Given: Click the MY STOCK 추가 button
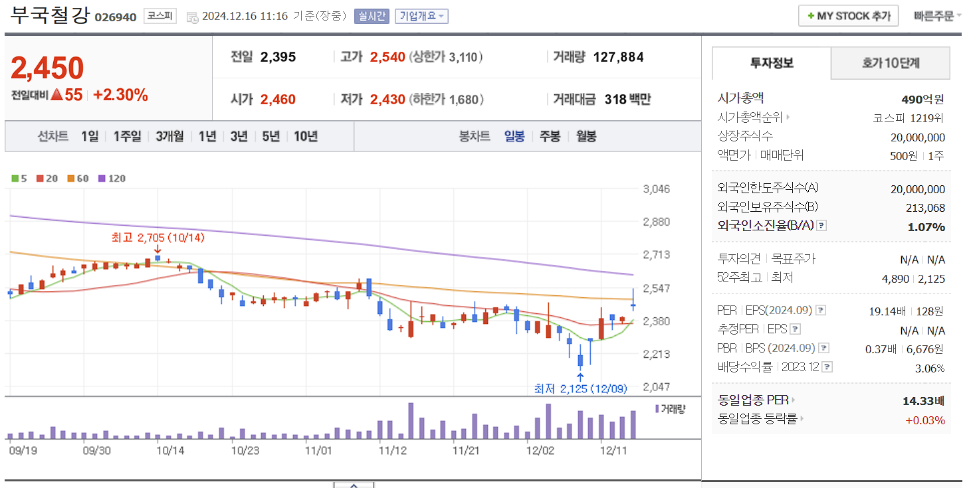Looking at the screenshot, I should (x=848, y=16).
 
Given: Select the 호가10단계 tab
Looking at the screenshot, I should (x=891, y=63).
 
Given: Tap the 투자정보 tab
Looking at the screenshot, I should (x=772, y=63).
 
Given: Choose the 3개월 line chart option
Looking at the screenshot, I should (x=169, y=136).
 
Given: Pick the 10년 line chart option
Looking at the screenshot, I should (x=305, y=136).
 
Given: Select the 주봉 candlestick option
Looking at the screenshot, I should (x=550, y=136).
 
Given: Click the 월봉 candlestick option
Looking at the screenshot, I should (x=586, y=136).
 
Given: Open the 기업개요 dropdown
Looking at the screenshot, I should (x=421, y=16).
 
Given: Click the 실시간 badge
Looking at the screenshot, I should (x=372, y=16).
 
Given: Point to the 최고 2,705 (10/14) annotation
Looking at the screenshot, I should (x=158, y=237).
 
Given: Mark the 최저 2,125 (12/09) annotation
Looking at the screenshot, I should (x=580, y=388).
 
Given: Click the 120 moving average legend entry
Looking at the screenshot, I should (x=113, y=178).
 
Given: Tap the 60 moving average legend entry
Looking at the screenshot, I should (x=78, y=178).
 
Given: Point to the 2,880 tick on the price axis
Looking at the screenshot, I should (x=656, y=221).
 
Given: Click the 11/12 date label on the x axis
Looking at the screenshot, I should (x=392, y=449).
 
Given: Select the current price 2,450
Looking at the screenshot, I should (x=48, y=68).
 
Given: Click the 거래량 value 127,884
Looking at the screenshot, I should (x=618, y=57).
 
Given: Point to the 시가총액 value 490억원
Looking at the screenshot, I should (x=922, y=100).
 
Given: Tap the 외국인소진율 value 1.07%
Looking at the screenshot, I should (x=926, y=227).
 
